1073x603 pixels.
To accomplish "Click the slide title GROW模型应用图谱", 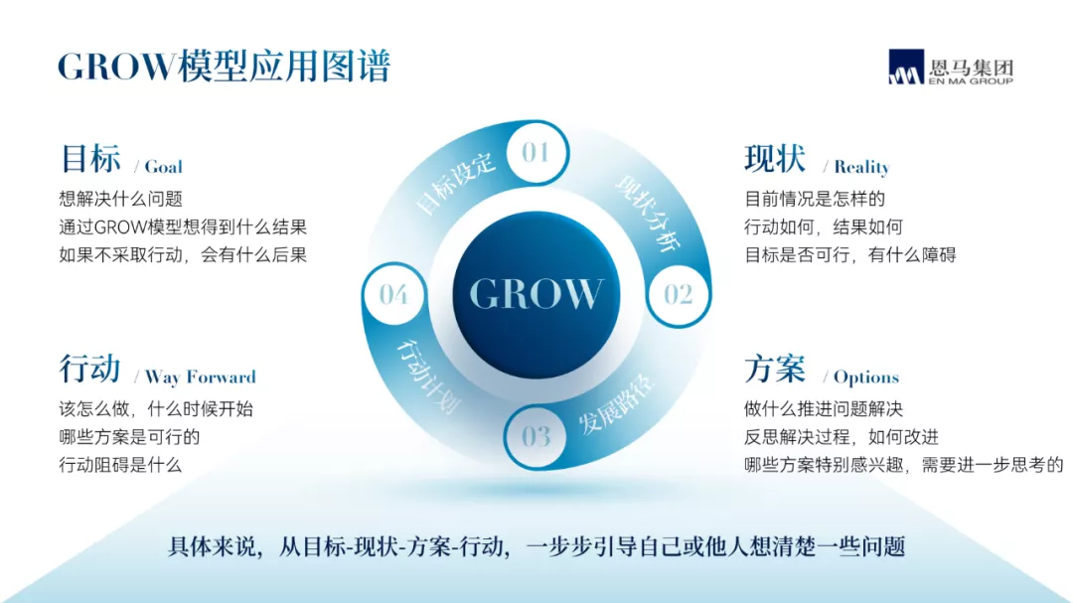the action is click(224, 67).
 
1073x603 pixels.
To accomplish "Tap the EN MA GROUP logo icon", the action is click(906, 67).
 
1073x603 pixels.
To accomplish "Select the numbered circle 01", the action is click(536, 152).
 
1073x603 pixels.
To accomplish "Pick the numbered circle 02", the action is click(679, 295).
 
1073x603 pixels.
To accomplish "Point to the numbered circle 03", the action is click(536, 437).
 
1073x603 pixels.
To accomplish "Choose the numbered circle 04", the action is click(393, 294).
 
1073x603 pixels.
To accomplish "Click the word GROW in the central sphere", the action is click(536, 294).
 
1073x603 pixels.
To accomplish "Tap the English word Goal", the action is click(164, 167).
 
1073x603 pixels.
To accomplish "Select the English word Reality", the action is click(861, 167).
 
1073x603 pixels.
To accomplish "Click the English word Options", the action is click(866, 377).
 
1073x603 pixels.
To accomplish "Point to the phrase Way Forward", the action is click(201, 377).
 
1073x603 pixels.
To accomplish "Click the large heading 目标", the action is click(90, 159).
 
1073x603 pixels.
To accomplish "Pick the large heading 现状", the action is click(775, 159).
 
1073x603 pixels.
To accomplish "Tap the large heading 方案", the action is click(775, 369).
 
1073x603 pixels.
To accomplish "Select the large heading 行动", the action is click(89, 369).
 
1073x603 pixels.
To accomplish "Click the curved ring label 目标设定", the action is click(454, 184).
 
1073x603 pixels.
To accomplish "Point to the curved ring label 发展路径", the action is click(617, 404).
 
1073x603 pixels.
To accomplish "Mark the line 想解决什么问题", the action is click(120, 199).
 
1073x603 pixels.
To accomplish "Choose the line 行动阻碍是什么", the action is click(120, 466).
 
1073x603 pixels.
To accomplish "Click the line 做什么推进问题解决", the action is click(824, 409).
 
